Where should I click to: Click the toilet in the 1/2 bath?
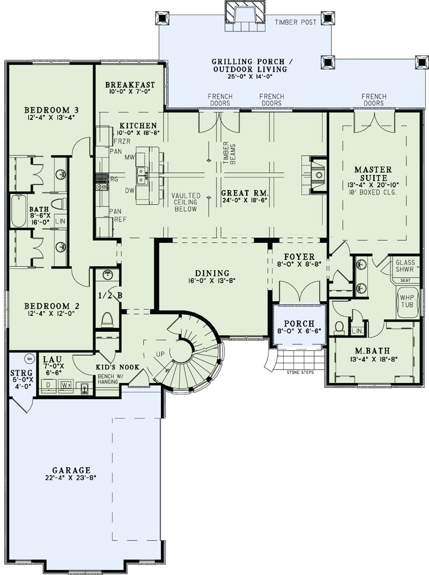click(107, 320)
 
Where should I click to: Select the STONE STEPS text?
click(300, 372)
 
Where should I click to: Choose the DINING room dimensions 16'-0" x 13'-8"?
click(213, 280)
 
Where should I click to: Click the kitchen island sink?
click(142, 173)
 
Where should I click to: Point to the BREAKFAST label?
click(130, 85)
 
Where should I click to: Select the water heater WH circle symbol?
click(30, 359)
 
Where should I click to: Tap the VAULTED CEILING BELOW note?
click(186, 202)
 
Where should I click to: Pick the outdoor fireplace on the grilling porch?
click(244, 12)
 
